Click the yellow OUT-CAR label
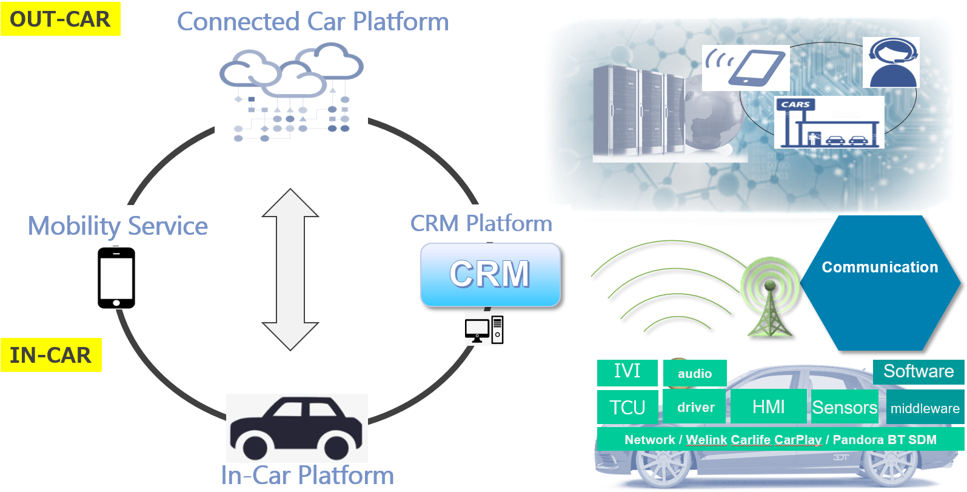pos(61,19)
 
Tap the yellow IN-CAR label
pos(51,355)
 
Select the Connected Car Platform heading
pos(313,22)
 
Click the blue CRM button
pos(490,274)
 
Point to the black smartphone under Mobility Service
pos(116,278)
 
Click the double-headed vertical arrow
pos(290,269)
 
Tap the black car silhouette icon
pos(296,428)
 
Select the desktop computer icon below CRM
pos(484,330)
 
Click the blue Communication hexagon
pos(880,282)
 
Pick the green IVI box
pos(627,372)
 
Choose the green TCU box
pos(627,407)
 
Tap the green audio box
pos(695,374)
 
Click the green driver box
pos(695,407)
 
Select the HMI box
pos(768,406)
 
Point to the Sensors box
pos(845,407)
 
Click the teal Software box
pos(918,371)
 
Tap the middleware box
pos(925,408)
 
